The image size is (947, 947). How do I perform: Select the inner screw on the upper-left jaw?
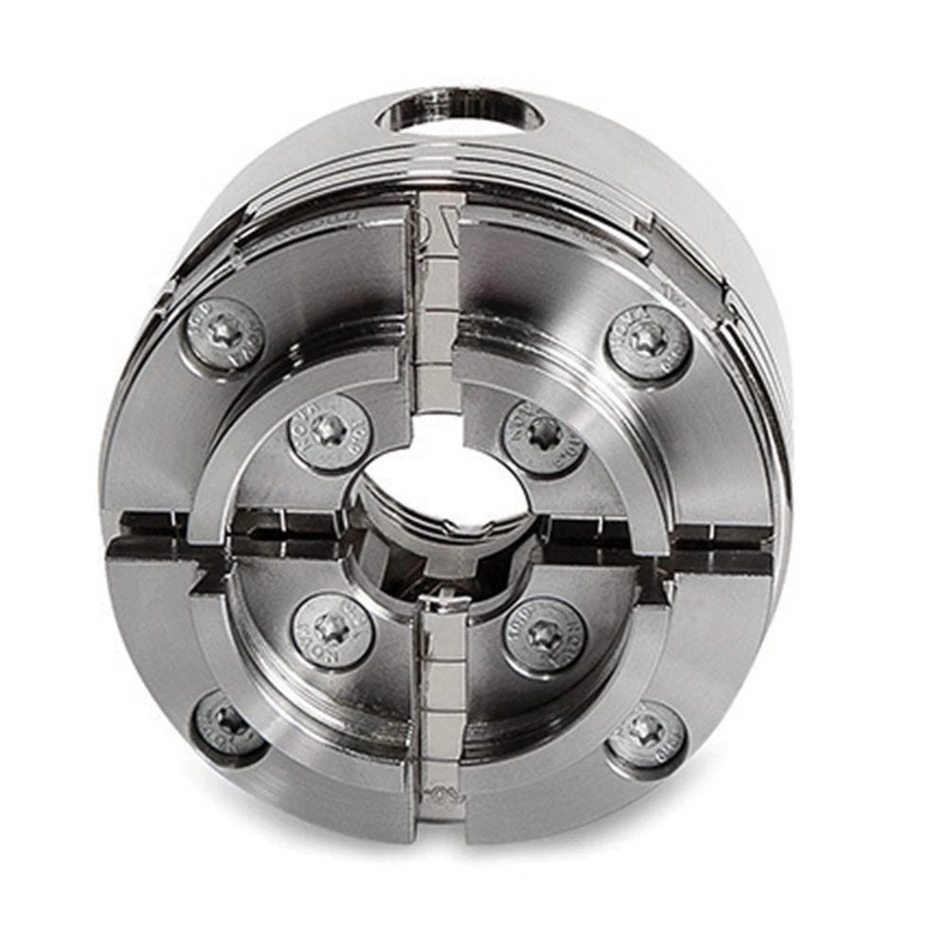(x=329, y=431)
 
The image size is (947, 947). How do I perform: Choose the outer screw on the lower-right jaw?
(x=646, y=735)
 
